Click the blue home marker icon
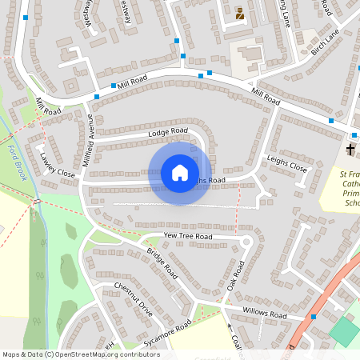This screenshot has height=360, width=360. pos(180,173)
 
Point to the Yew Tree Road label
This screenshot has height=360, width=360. pos(187,237)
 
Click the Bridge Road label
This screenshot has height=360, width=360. pos(162,262)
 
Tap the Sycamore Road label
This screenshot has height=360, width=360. pos(167,330)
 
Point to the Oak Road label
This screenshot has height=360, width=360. pos(234,274)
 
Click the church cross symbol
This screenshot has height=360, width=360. pos(350,150)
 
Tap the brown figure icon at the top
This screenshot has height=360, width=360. pos(239,13)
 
